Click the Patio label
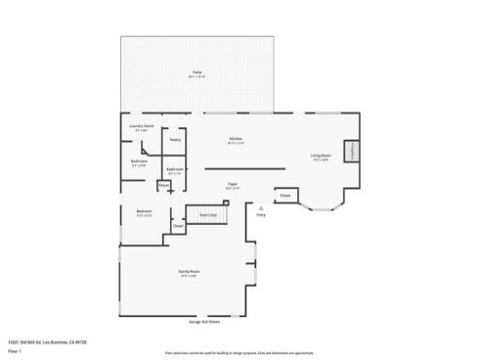[x=196, y=74]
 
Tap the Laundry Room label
[x=141, y=127]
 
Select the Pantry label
[x=174, y=140]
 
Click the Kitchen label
[x=236, y=139]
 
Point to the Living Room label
[x=320, y=157]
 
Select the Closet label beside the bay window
[x=284, y=196]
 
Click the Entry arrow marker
[x=261, y=206]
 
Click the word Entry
[x=261, y=214]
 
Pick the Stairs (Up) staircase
[x=206, y=213]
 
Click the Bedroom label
[x=144, y=212]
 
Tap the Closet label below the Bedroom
[x=177, y=227]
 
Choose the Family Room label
[x=189, y=272]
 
